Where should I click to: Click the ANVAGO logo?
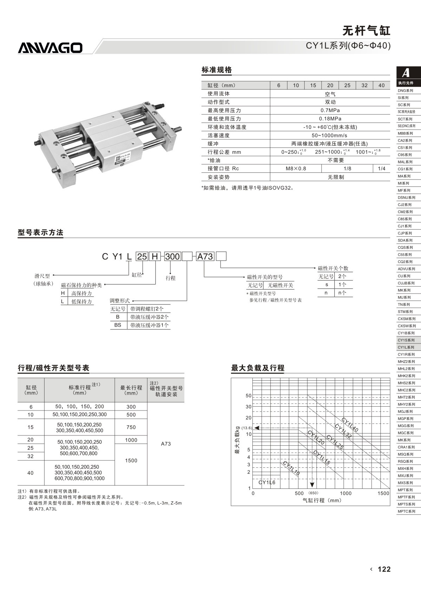click(50, 48)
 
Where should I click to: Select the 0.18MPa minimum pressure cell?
click(330, 119)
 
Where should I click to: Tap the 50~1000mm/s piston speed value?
click(330, 135)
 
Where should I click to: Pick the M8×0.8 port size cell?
click(296, 169)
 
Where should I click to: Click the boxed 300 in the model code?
click(172, 256)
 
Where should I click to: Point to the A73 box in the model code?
click(205, 256)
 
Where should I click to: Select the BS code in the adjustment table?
click(118, 325)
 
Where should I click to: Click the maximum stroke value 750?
click(131, 427)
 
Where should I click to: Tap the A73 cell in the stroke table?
click(166, 444)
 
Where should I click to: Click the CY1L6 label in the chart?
click(267, 482)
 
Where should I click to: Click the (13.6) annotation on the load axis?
click(246, 428)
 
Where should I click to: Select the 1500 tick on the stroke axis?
click(383, 493)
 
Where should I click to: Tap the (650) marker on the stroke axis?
click(313, 493)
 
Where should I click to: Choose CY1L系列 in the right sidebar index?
click(406, 347)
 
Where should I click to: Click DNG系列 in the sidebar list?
click(405, 91)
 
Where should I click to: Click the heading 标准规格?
click(217, 70)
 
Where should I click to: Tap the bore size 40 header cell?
click(381, 85)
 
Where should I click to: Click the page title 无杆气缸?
click(366, 31)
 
